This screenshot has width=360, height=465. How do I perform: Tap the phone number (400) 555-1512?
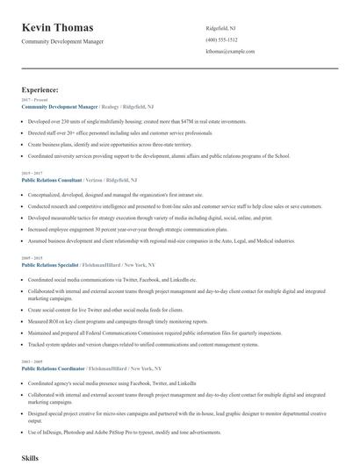(221, 39)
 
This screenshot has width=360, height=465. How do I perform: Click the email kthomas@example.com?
(230, 52)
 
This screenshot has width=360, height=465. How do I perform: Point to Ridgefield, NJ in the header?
(220, 27)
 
